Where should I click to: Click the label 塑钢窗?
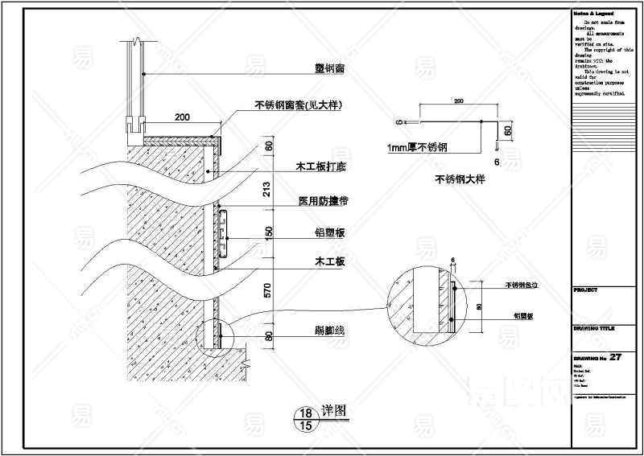point(329,70)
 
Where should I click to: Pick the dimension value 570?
point(268,290)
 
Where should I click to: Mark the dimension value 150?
point(268,232)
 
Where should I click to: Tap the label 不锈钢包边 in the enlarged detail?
point(521,286)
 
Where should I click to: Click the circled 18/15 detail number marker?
point(306,419)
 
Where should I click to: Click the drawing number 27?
point(617,357)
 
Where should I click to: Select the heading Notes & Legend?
point(592,13)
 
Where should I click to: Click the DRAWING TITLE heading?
point(592,327)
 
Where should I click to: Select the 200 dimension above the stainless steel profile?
point(458,102)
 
